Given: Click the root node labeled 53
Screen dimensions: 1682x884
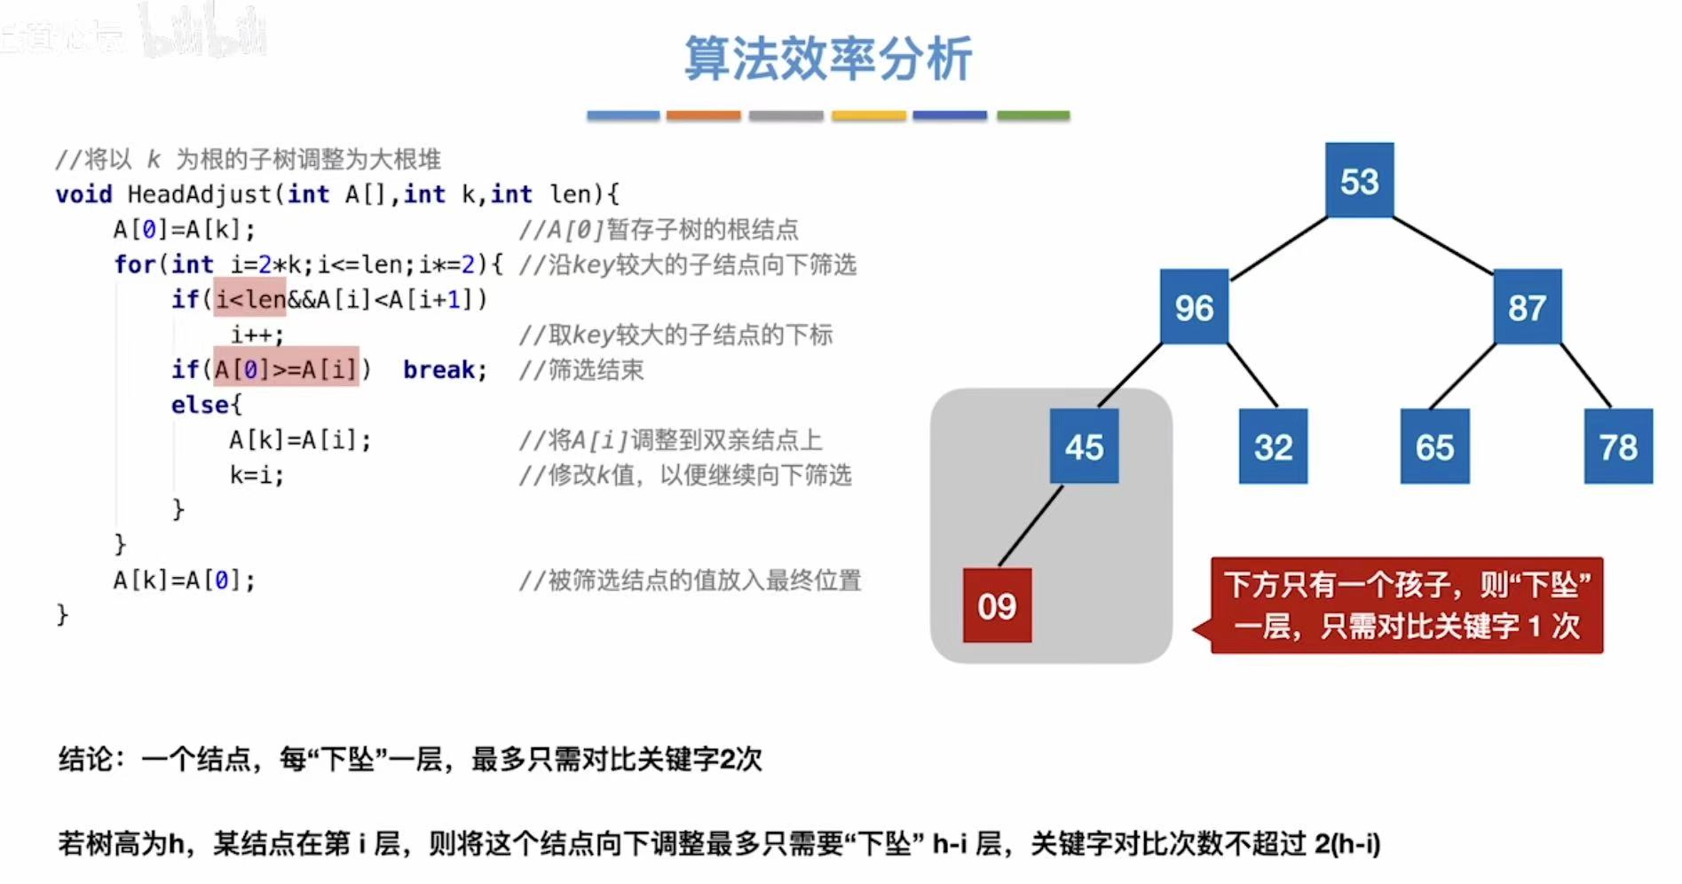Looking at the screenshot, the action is coord(1359,180).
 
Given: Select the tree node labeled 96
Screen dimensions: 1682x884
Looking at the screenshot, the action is coord(1194,307).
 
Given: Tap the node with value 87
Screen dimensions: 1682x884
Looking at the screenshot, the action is coord(1527,307).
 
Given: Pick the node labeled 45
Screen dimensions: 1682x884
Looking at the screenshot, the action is coord(1084,446).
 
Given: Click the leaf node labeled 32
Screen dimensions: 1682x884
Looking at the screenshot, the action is coord(1273,446).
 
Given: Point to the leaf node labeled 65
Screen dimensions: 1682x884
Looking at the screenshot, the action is coord(1434,446).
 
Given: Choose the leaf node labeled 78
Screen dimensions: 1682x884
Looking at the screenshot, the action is coord(1618,446).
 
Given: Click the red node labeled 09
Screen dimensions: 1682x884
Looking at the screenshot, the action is coord(997,605).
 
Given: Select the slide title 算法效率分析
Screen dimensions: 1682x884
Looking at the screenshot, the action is coord(827,59).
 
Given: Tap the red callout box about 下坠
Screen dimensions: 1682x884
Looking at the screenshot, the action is coord(1407,605).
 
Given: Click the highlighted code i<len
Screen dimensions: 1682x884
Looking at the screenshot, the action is coord(250,299).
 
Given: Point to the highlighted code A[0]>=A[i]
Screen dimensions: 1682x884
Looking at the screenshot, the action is coord(286,368).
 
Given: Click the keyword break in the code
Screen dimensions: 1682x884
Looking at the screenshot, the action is coord(445,369).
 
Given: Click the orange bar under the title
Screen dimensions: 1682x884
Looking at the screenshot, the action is coord(703,115).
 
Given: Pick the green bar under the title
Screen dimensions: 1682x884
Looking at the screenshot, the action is coord(1033,115).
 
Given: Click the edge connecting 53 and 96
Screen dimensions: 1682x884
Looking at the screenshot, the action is coord(1278,249).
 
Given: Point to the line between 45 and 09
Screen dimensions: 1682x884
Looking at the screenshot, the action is coord(1031,525).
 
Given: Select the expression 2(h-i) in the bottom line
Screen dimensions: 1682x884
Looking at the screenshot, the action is coord(1347,843).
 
